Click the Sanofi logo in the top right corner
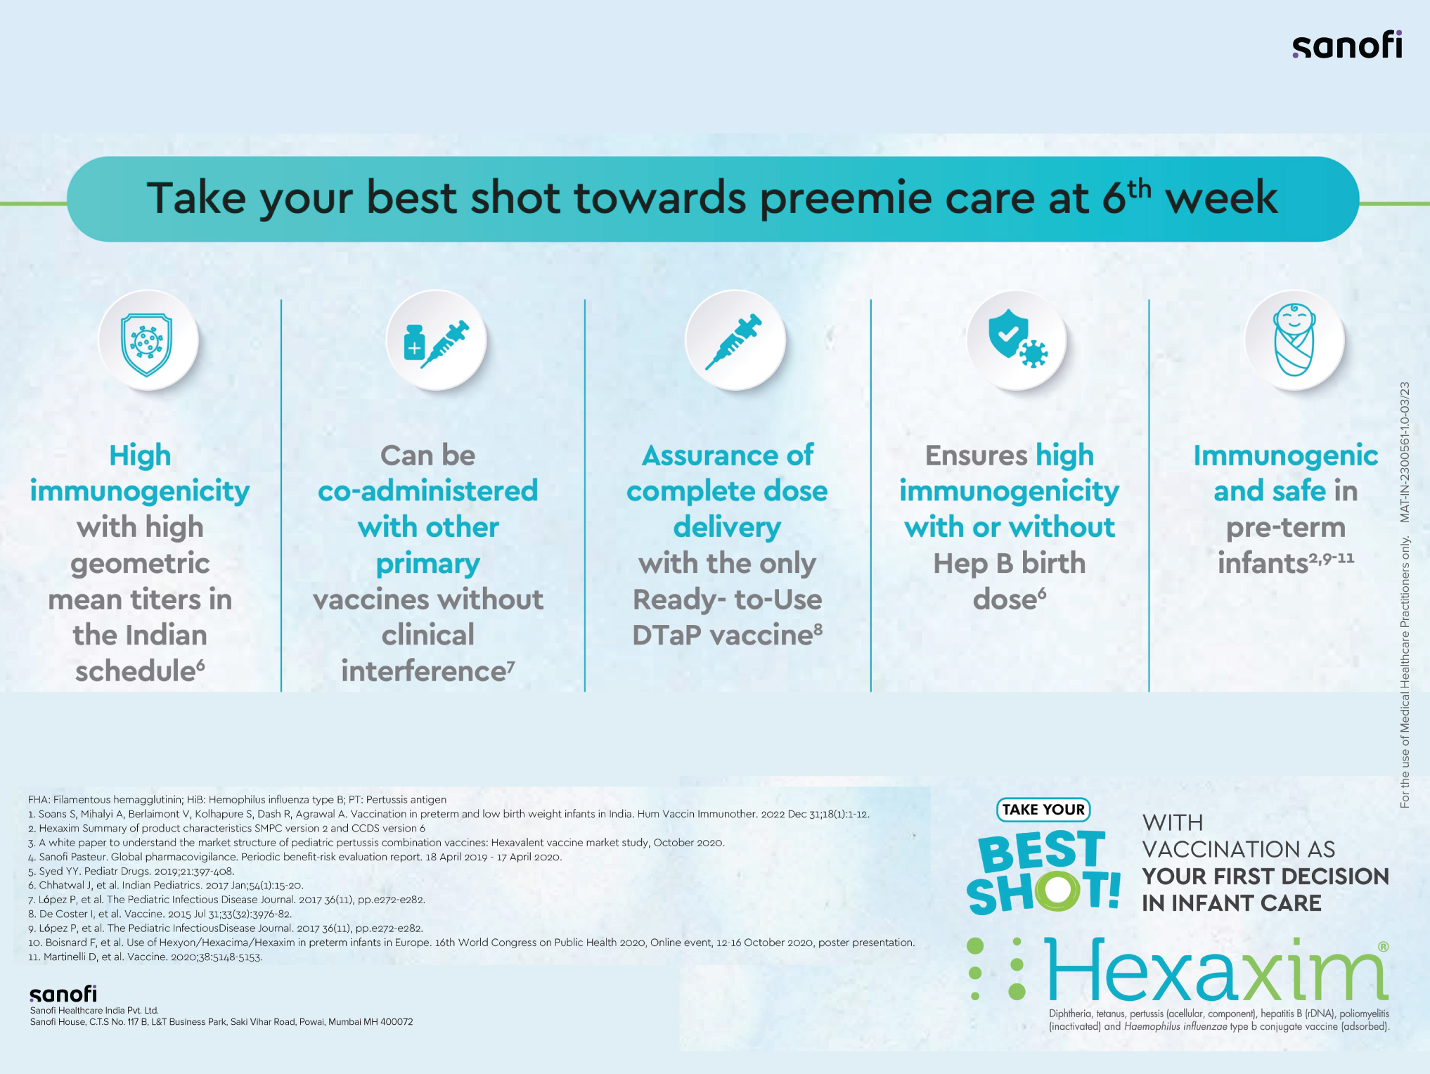click(1347, 44)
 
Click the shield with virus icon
click(146, 344)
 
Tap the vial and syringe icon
click(436, 344)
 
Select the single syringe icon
click(734, 342)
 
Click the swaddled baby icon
click(1294, 339)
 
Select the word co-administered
click(427, 491)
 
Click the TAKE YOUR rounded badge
click(1043, 810)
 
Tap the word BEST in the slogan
click(1042, 851)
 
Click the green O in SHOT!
click(1056, 891)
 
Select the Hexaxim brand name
click(1216, 970)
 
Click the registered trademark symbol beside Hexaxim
click(1383, 947)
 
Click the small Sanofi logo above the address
click(63, 994)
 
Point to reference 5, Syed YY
click(131, 872)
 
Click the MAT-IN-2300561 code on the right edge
click(1405, 452)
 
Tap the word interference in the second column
click(427, 671)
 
